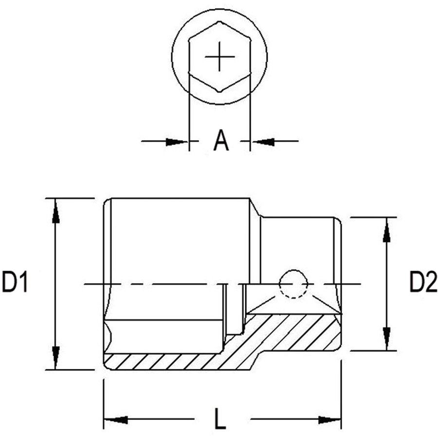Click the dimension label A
coord(221,140)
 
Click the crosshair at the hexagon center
coord(219,57)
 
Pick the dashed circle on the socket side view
coord(293,284)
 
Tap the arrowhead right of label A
coord(263,142)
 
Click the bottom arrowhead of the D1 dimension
coord(56,358)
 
